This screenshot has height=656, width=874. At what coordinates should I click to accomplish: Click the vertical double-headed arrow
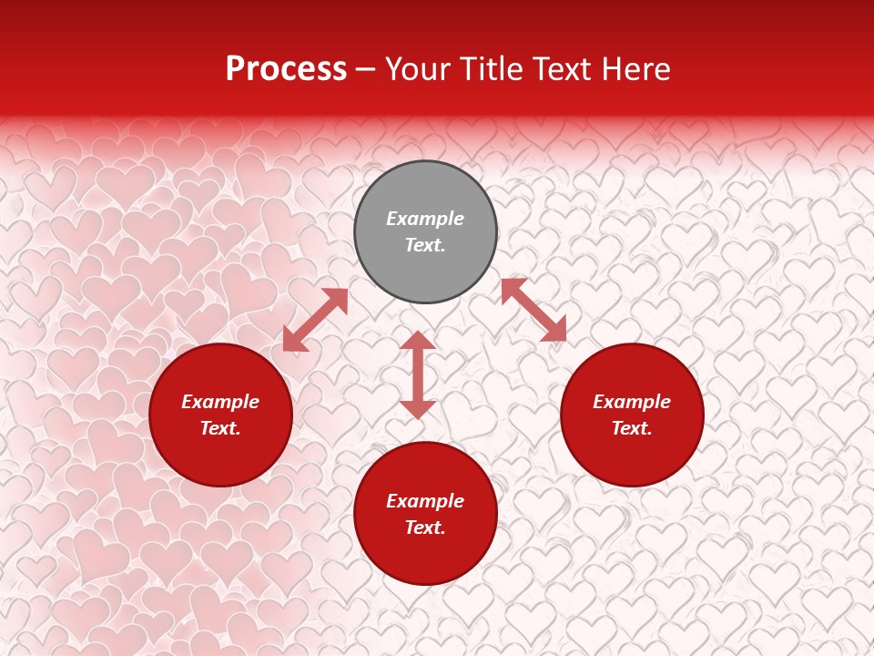(x=418, y=374)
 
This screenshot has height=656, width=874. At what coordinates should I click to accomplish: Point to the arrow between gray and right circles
(x=534, y=310)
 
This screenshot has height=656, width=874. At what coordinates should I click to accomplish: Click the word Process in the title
(x=286, y=69)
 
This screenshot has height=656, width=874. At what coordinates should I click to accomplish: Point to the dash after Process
(x=366, y=70)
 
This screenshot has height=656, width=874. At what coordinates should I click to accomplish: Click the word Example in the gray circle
(x=425, y=219)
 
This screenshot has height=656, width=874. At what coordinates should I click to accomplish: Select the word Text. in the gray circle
(x=425, y=245)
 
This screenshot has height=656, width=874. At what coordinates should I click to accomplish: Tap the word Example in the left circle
(x=220, y=402)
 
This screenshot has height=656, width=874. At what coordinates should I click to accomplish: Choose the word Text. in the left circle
(x=220, y=428)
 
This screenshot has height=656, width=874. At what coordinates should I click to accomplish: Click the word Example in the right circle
(x=632, y=402)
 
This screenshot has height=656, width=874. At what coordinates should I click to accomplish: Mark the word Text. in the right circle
(x=632, y=428)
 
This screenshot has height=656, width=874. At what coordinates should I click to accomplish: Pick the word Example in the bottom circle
(x=425, y=501)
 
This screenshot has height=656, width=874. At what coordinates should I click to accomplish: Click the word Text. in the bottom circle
(x=425, y=528)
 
